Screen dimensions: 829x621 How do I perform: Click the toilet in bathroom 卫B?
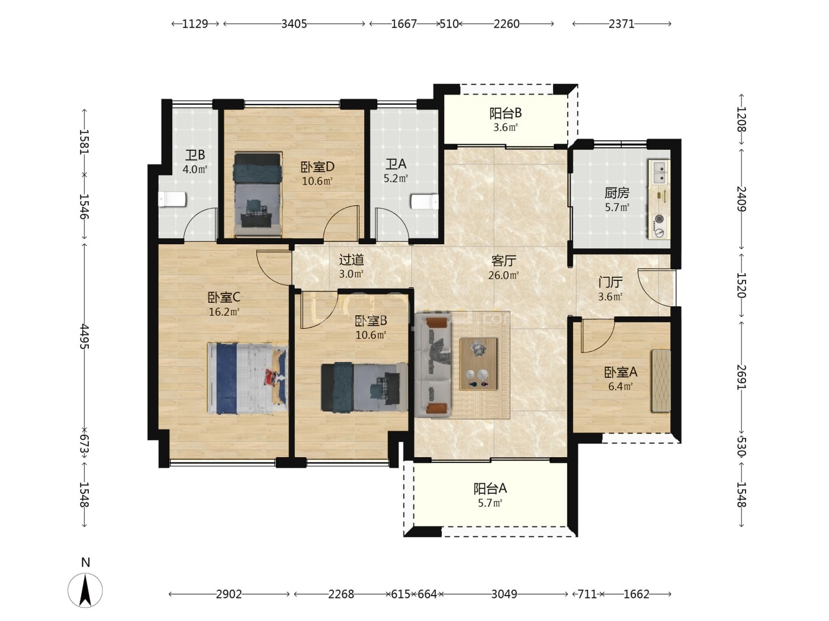click(172, 199)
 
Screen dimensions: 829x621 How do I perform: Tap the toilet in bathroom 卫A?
click(425, 201)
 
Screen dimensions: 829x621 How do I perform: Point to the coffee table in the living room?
click(478, 364)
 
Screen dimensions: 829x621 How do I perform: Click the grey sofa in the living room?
click(433, 365)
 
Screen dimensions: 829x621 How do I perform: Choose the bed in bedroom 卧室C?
click(248, 378)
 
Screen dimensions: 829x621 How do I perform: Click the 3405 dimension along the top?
click(294, 24)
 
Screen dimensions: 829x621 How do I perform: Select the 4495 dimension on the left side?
click(84, 337)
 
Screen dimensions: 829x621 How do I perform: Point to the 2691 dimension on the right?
click(741, 377)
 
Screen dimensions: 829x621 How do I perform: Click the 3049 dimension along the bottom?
click(504, 594)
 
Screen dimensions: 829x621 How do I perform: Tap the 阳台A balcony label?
click(490, 489)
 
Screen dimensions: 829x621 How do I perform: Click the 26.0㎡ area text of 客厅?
click(503, 275)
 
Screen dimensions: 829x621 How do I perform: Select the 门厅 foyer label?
click(610, 282)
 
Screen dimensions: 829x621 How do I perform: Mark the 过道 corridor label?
click(351, 260)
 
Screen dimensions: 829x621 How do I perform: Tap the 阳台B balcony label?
click(505, 113)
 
